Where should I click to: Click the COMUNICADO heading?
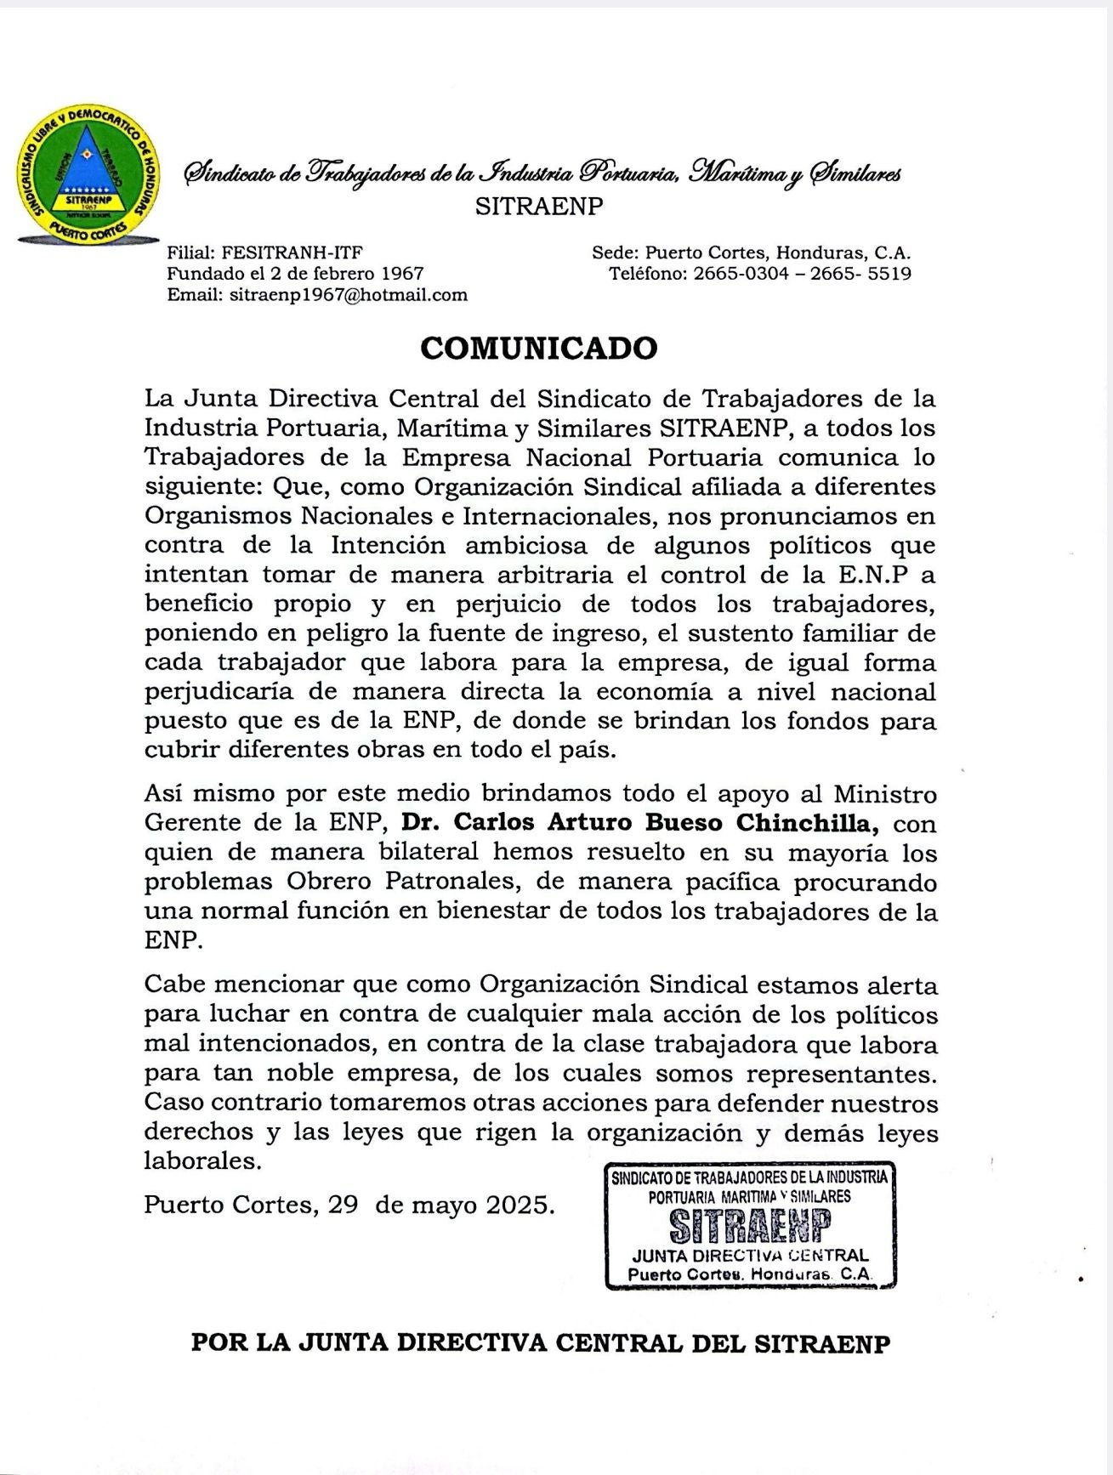pos(539,349)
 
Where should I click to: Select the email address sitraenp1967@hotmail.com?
pos(349,295)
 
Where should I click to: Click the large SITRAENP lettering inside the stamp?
pos(749,1226)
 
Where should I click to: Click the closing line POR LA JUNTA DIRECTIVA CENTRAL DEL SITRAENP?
pos(541,1343)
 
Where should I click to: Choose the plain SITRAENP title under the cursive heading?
pos(539,207)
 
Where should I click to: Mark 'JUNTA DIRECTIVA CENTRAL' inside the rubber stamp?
pos(750,1256)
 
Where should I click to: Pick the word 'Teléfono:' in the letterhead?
pos(647,274)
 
